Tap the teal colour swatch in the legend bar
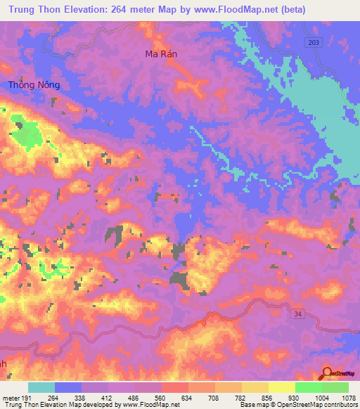pos(41,388)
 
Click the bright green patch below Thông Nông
pos(27,134)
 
